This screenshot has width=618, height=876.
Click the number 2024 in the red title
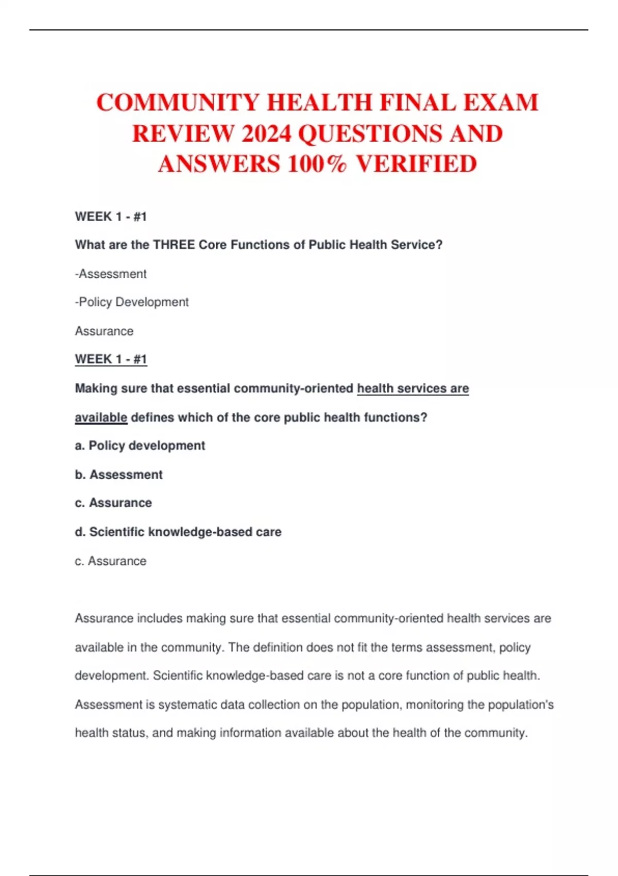(266, 134)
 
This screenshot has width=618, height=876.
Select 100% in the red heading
(317, 164)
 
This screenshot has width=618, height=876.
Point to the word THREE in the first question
(174, 245)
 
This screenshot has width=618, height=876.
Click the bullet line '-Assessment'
(111, 274)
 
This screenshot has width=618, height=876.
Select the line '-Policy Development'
(132, 302)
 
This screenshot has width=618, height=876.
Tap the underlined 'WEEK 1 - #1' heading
(111, 359)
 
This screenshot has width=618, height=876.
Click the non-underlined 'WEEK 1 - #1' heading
(111, 216)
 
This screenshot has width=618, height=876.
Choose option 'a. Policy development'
(140, 446)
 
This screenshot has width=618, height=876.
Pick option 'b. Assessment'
(118, 475)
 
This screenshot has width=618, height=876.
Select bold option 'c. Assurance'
(113, 503)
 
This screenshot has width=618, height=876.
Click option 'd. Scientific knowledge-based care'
(178, 532)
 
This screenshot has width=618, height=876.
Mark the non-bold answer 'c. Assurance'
(111, 561)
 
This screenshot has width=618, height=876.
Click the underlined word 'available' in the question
(101, 417)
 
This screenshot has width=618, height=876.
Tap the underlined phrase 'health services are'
(413, 389)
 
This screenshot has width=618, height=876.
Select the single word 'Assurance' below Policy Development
(104, 331)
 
